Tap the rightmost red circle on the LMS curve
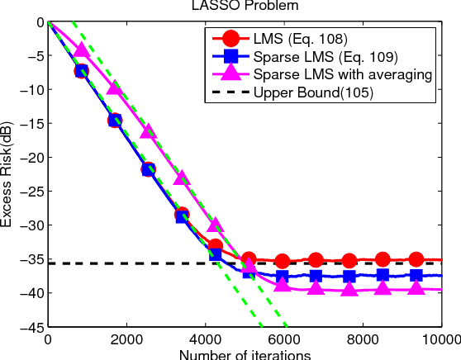[416, 259]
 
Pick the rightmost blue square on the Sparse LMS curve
[416, 275]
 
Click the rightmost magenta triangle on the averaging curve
[416, 287]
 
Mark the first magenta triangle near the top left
[81, 50]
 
